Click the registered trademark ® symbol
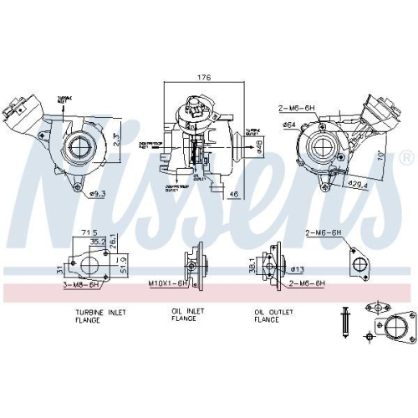(x=406, y=156)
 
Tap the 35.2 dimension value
(x=99, y=242)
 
